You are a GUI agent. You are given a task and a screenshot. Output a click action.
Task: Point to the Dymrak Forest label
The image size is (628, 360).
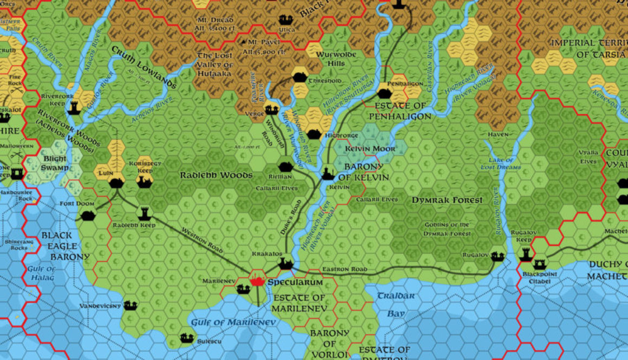pyautogui.click(x=447, y=200)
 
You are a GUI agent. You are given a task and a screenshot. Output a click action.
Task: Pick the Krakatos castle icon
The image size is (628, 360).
pyautogui.click(x=285, y=264)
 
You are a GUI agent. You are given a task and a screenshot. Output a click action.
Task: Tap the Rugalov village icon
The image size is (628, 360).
pyautogui.click(x=498, y=257)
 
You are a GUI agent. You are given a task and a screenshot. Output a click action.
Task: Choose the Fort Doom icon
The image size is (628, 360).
pyautogui.click(x=88, y=216)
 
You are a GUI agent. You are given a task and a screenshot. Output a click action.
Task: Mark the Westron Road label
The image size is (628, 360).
pyautogui.click(x=203, y=240)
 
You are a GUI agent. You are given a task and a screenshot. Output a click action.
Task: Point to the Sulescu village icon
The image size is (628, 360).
pyautogui.click(x=187, y=338)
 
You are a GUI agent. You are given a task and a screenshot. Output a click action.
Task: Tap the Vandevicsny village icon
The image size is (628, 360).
pyautogui.click(x=130, y=305)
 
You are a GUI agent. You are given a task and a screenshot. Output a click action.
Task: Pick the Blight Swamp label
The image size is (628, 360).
pyautogui.click(x=54, y=163)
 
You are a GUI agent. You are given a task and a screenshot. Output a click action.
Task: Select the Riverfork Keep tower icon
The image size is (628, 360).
pyautogui.click(x=74, y=108)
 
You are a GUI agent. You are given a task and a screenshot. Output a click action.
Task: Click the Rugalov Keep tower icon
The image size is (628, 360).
pyautogui.click(x=526, y=254)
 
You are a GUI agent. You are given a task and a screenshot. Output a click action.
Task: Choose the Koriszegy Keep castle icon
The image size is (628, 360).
pyautogui.click(x=143, y=181)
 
